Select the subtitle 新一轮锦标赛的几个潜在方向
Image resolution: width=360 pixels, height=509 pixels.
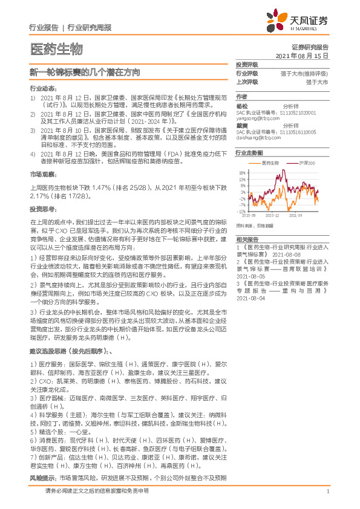pos(85,71)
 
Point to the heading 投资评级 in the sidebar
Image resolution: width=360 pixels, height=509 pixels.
pos(247,64)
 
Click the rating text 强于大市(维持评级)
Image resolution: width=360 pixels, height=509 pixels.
pos(304,73)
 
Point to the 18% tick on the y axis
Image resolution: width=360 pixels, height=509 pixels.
pos(243,173)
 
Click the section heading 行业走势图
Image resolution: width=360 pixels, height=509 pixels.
pos(249,154)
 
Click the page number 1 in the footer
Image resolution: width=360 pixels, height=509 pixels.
pos(327,491)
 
